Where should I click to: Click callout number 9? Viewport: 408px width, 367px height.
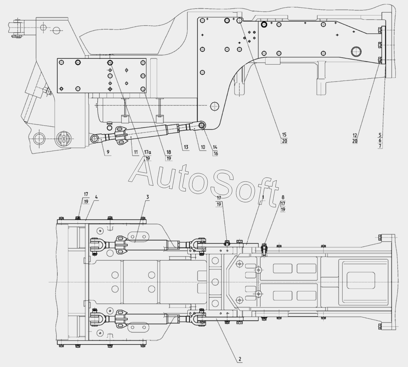(108, 152)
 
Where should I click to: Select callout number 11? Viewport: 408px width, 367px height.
(136, 152)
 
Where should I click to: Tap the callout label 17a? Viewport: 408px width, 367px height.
(148, 152)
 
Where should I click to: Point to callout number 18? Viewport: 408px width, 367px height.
(169, 152)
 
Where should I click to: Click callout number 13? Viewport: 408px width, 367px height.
(186, 147)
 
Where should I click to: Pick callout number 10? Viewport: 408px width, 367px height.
(203, 147)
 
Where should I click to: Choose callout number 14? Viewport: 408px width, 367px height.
(215, 147)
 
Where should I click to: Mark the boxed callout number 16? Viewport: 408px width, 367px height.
(215, 154)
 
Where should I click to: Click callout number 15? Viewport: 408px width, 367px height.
(284, 135)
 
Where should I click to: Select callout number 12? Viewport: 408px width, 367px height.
(355, 135)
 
